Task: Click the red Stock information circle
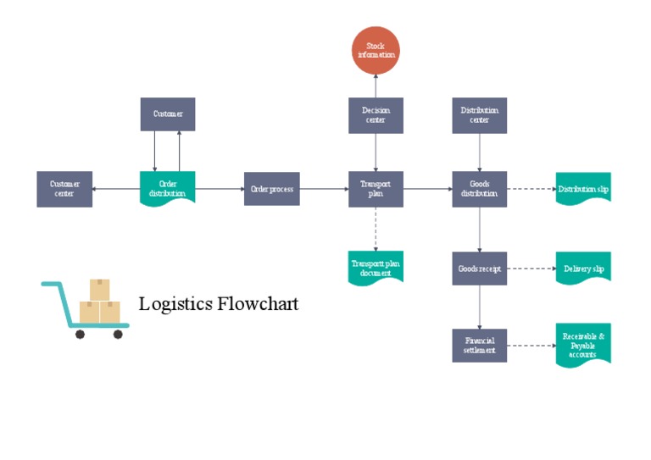(376, 50)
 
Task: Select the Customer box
(168, 114)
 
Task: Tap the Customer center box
(64, 189)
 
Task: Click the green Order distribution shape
(168, 188)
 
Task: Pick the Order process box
(272, 189)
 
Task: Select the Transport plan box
(376, 189)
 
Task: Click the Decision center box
(376, 115)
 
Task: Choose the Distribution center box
(480, 115)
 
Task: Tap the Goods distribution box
(480, 189)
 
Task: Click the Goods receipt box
(480, 269)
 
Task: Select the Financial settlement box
(480, 346)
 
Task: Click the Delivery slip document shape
(583, 269)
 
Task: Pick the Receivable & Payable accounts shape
(583, 345)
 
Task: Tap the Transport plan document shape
(376, 268)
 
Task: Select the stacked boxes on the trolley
(100, 303)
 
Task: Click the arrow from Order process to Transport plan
(324, 189)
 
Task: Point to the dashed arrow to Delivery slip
(531, 269)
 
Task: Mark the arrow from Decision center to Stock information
(376, 85)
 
